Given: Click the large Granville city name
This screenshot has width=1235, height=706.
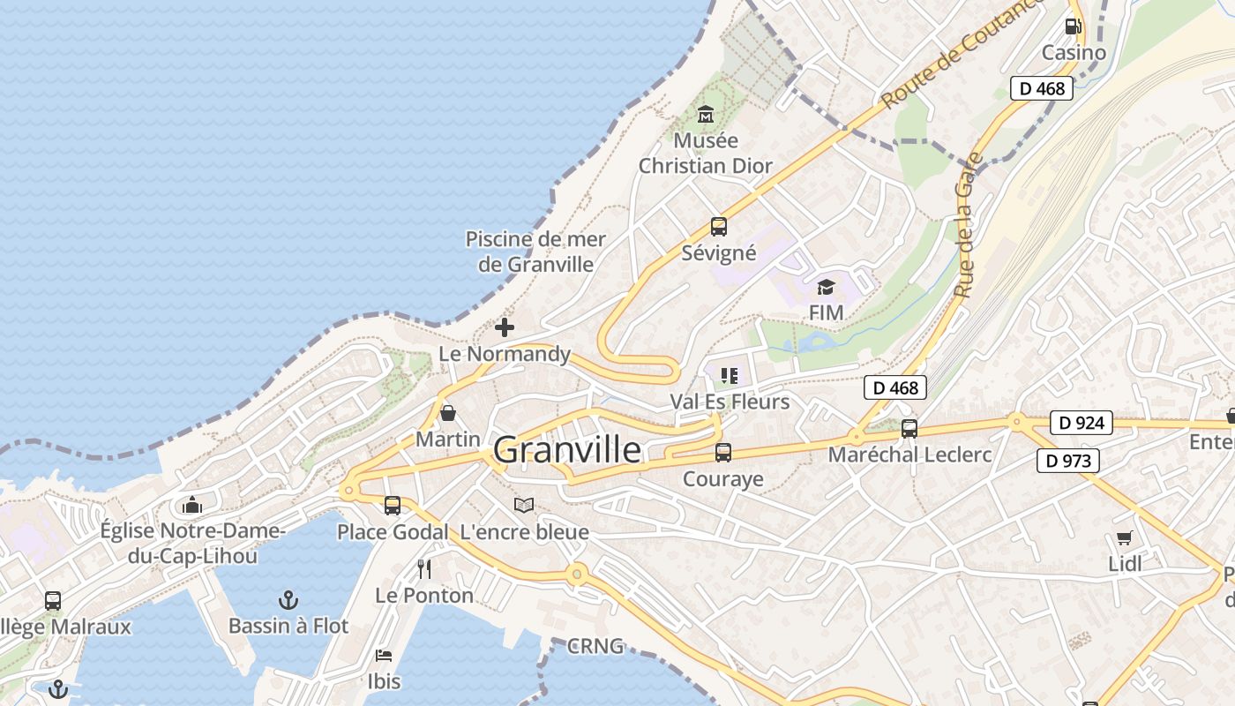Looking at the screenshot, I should tap(567, 450).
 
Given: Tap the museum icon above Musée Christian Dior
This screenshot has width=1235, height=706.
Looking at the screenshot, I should tap(706, 114).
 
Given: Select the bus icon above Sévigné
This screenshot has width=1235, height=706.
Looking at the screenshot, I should tap(719, 227).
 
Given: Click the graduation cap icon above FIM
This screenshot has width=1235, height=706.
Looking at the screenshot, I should tap(826, 287).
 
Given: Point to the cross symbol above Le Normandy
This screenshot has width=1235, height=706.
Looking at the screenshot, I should tap(505, 327).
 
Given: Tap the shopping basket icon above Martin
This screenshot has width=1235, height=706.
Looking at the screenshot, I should tap(448, 413).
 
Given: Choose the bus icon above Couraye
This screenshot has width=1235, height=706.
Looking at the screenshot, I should tap(723, 453).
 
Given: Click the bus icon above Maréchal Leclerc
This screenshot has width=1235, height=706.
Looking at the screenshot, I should tap(909, 429).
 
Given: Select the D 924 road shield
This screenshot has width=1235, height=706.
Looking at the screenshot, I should tap(1081, 423).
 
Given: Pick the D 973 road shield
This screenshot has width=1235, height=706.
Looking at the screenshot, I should tap(1068, 460).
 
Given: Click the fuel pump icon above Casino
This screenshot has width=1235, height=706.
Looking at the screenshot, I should tap(1074, 26).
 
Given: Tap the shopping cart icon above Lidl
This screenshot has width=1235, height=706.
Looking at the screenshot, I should tap(1125, 537).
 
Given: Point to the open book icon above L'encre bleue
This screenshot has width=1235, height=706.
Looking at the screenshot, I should tap(524, 506).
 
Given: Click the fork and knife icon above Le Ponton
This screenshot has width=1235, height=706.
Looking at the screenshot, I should tap(424, 569).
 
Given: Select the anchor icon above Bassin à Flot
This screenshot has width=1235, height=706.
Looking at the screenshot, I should tap(288, 600).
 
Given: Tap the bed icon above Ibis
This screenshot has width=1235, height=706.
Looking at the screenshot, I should tap(384, 655).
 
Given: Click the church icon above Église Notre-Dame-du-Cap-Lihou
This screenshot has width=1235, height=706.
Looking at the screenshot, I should tap(192, 505).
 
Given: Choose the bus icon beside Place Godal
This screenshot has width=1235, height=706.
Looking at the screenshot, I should tap(393, 506).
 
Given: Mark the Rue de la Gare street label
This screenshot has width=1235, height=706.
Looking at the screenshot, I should tap(968, 224).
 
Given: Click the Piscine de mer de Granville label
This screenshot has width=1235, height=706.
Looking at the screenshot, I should tap(535, 252).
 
